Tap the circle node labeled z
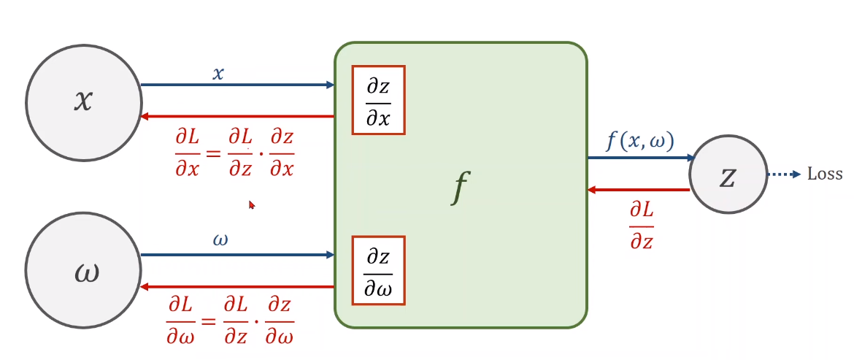pyautogui.click(x=728, y=175)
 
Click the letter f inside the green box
pyautogui.click(x=458, y=189)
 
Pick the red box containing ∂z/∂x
pyautogui.click(x=378, y=100)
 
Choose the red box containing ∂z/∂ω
pyautogui.click(x=378, y=270)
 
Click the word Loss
pyautogui.click(x=825, y=175)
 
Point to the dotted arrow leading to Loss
pyautogui.click(x=785, y=175)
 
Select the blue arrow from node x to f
pyautogui.click(x=237, y=85)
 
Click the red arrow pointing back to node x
pyautogui.click(x=237, y=116)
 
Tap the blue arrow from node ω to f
pyautogui.click(x=237, y=255)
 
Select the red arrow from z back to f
pyautogui.click(x=639, y=190)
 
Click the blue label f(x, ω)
pyautogui.click(x=640, y=141)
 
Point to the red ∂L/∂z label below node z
pyautogui.click(x=642, y=226)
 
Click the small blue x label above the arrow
pyautogui.click(x=218, y=73)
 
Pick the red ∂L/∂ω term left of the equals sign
pyautogui.click(x=180, y=321)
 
